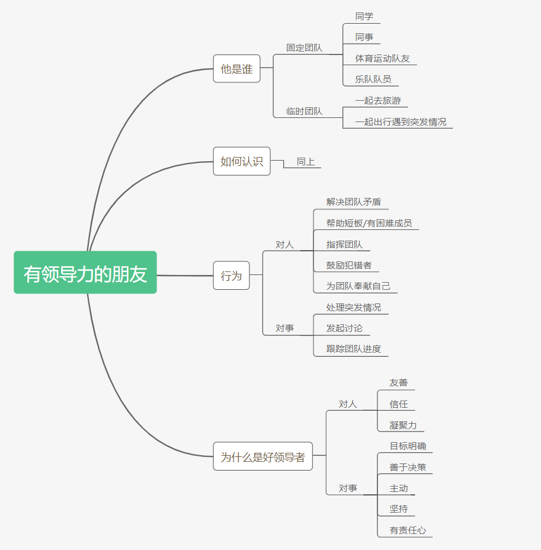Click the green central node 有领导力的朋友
[x=85, y=273]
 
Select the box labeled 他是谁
[x=236, y=69]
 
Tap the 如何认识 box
[x=241, y=161]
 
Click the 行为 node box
[x=231, y=276]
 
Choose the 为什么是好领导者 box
[x=263, y=457]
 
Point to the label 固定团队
[x=304, y=48]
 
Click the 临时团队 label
[x=304, y=111]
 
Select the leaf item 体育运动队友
[x=382, y=58]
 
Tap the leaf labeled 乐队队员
[x=373, y=79]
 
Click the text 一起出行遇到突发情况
[x=401, y=121]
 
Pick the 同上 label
[x=306, y=161]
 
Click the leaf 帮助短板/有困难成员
[x=369, y=223]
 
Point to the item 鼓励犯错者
[x=349, y=265]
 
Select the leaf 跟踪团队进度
[x=353, y=348]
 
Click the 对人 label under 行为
[x=284, y=244]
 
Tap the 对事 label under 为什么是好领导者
[x=348, y=488]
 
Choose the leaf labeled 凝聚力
[x=403, y=425]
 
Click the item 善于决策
[x=408, y=467]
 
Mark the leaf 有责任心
[x=408, y=530]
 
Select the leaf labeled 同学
[x=364, y=17]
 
